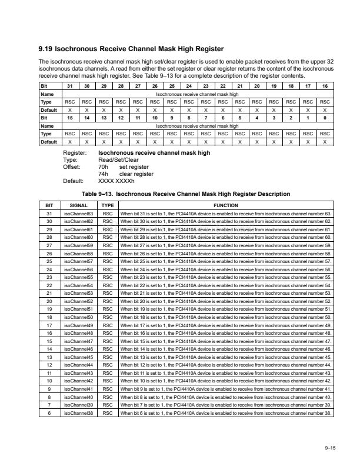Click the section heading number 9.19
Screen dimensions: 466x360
pos(46,49)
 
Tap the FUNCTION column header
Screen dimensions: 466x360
pos(226,204)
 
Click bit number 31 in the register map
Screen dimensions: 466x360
pos(70,86)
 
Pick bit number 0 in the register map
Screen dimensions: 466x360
pos(325,118)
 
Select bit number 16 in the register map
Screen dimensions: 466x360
pos(325,86)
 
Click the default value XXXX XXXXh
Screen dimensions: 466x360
pos(118,181)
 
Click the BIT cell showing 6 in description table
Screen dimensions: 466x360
pos(49,414)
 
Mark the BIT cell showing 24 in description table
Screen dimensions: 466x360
pos(49,269)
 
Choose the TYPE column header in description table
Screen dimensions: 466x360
pos(108,204)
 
